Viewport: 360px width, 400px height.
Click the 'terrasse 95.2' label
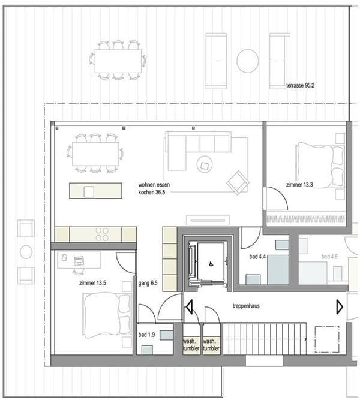coord(301,86)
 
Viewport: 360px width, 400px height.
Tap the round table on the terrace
coord(247,61)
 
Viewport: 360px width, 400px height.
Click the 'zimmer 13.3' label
coord(300,185)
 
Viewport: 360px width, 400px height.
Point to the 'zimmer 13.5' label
coord(92,282)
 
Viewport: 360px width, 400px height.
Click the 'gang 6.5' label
coord(148,282)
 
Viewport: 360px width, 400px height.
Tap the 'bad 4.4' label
coord(258,257)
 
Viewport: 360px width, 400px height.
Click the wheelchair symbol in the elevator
coord(210,264)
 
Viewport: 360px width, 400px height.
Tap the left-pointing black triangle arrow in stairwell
coord(189,308)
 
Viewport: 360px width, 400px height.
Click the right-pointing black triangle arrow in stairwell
coord(340,308)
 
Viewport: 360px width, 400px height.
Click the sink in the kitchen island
coord(89,191)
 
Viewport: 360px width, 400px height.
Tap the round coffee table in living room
coord(205,164)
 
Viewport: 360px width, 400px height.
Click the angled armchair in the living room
coord(238,181)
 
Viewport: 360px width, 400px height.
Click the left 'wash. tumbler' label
coord(191,344)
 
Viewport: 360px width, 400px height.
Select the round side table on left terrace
coord(26,252)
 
